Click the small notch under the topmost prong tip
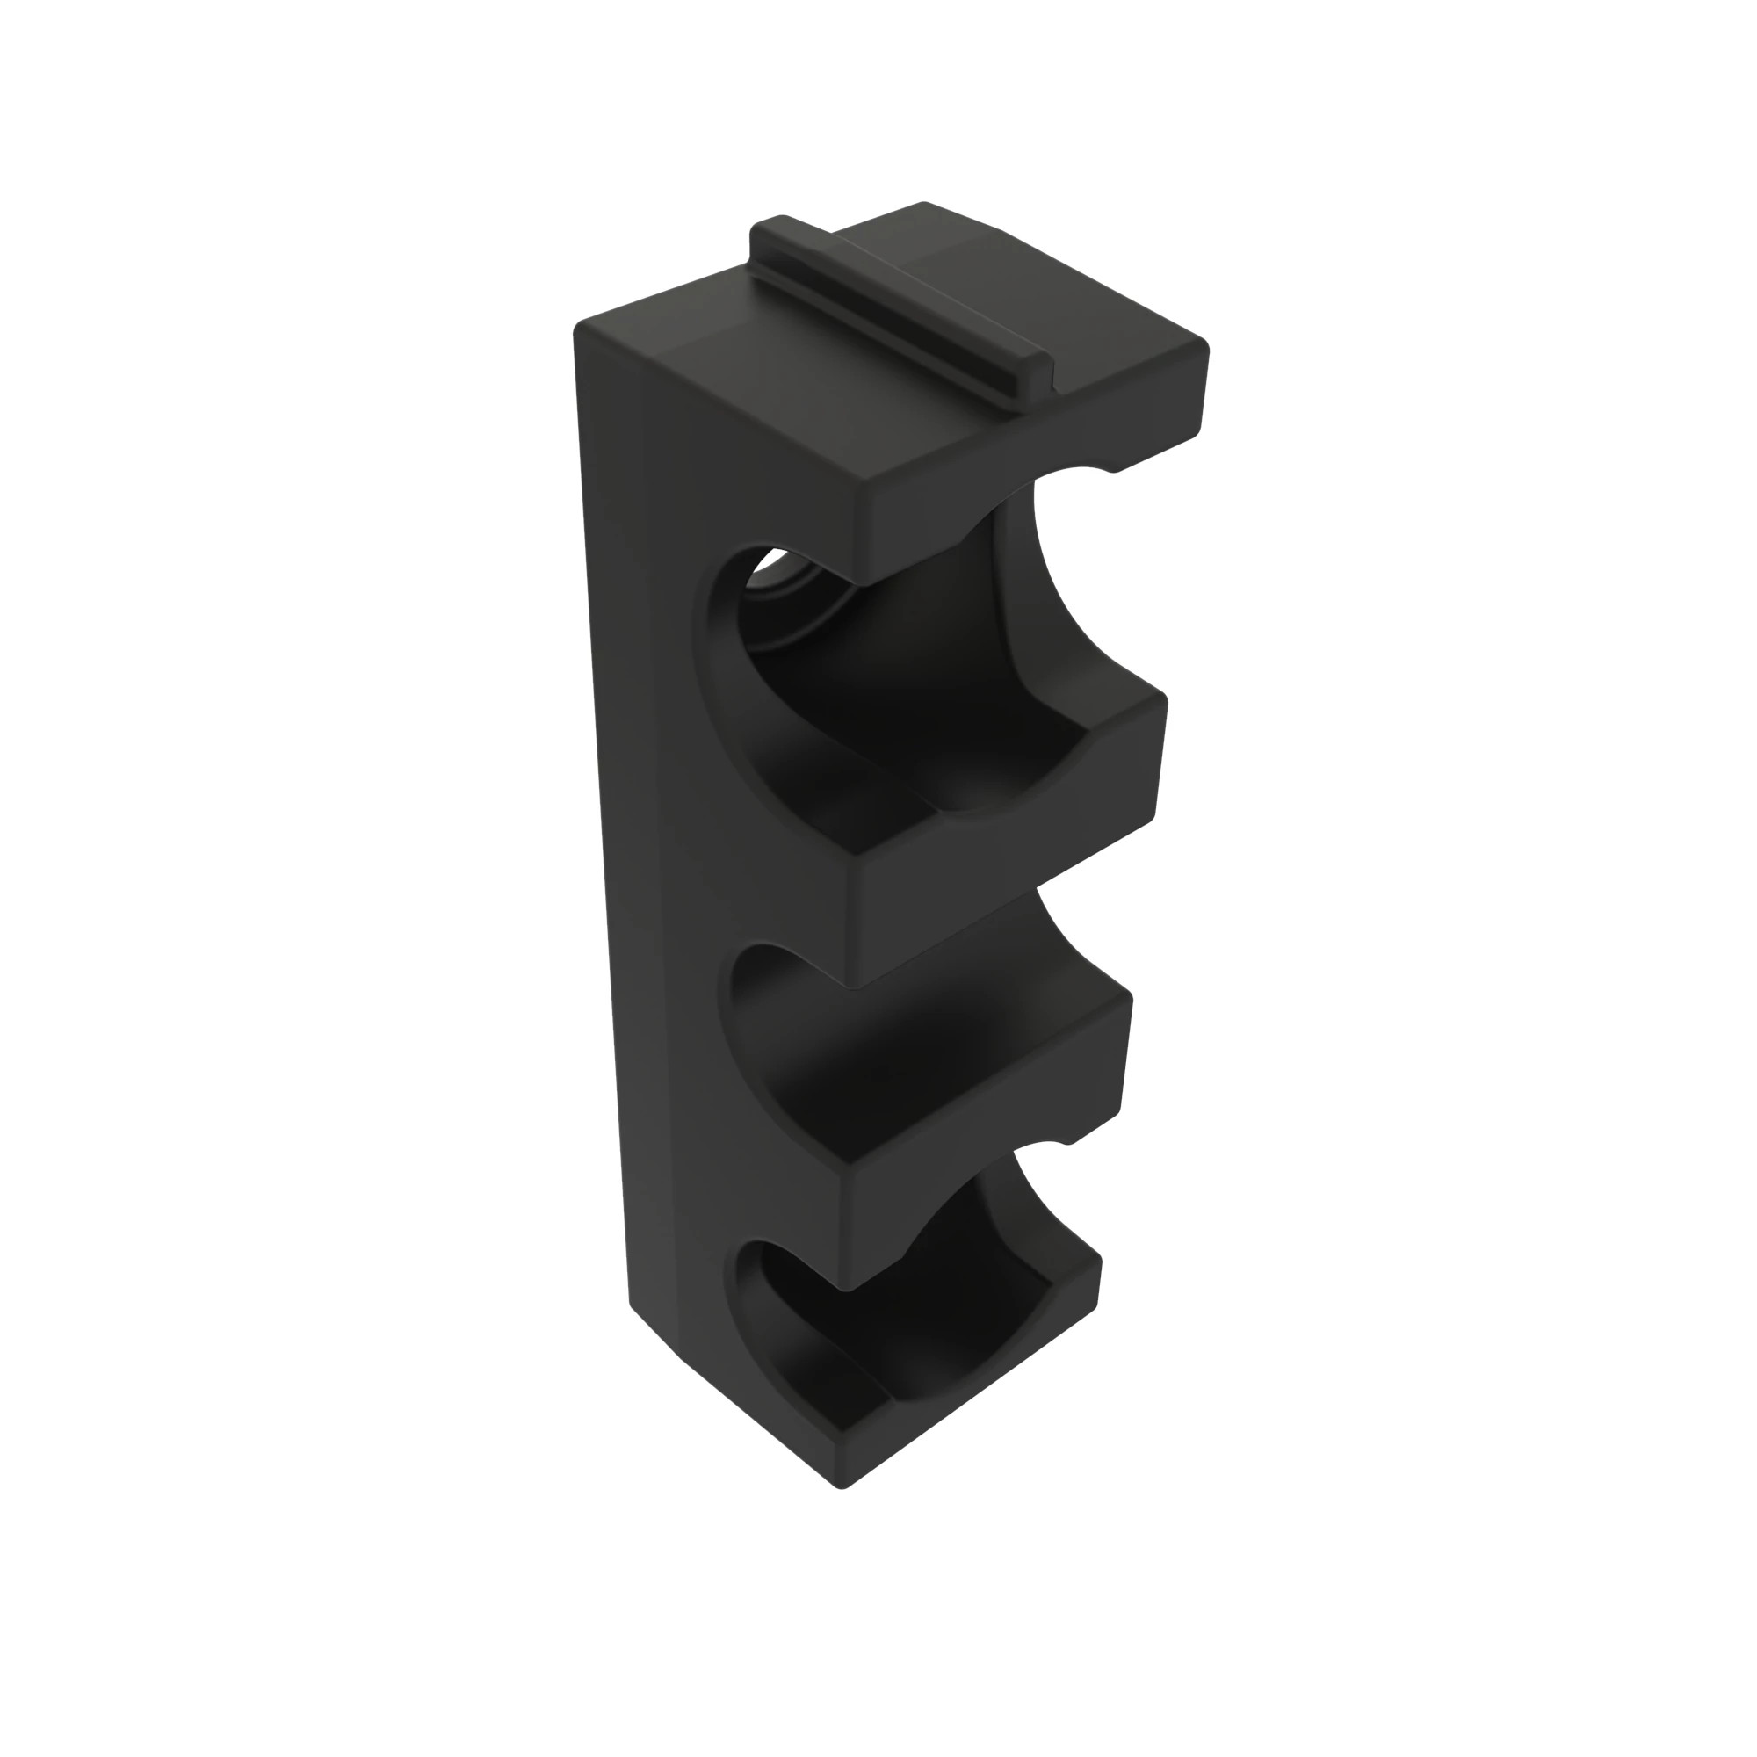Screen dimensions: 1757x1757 pos(1111,467)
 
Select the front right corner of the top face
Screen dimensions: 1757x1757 pos(1203,347)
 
